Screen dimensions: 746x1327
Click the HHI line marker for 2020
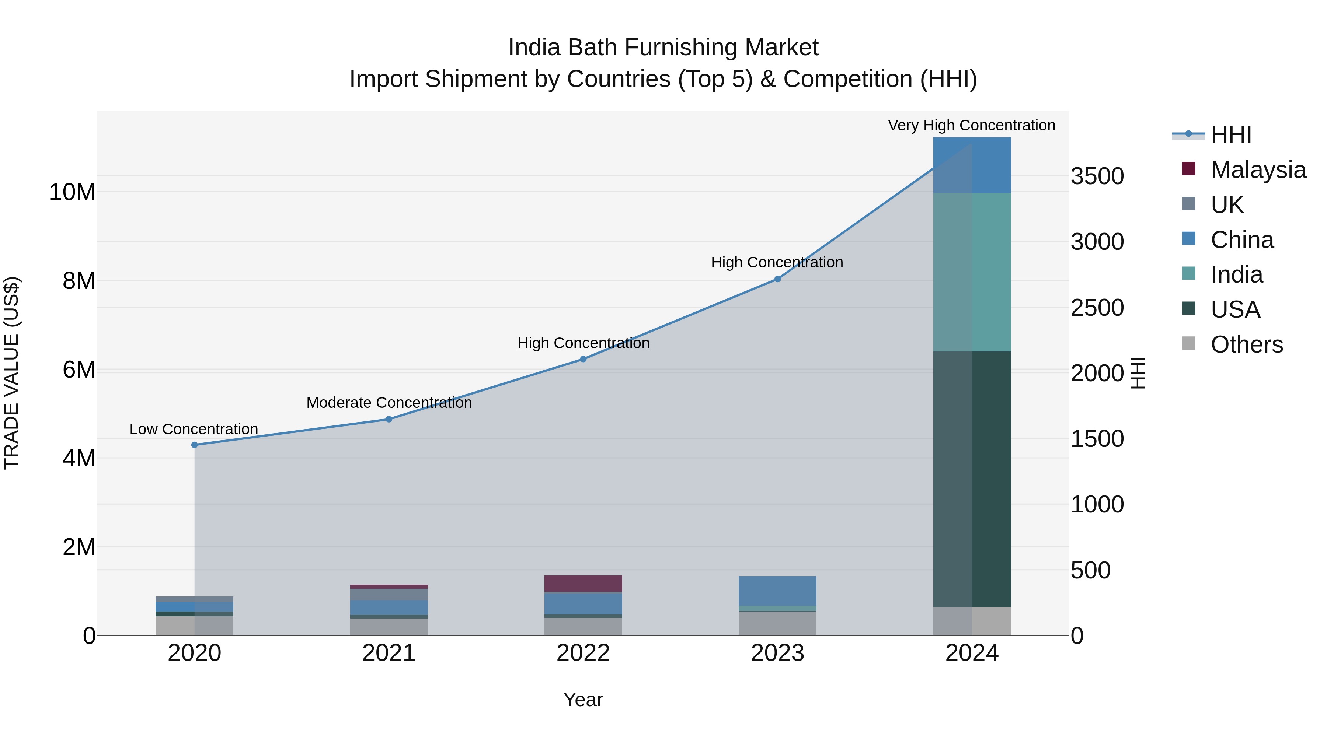pos(194,445)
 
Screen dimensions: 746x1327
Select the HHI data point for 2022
pos(583,359)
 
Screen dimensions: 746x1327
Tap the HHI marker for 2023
pos(777,279)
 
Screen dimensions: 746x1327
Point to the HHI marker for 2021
pos(389,419)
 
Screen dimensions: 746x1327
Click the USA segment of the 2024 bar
pos(972,479)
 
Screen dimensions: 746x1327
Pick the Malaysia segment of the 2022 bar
pos(583,583)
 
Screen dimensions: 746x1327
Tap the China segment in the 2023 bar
pos(777,591)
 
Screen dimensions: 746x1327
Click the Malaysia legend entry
pos(1257,169)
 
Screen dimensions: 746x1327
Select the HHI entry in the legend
pos(1231,135)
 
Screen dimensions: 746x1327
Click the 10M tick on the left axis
pos(72,192)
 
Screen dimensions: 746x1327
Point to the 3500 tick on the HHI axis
pos(1097,176)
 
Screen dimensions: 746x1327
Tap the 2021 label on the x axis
pos(389,653)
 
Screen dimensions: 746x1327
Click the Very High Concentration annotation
pos(972,125)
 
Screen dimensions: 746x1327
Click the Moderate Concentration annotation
pos(389,403)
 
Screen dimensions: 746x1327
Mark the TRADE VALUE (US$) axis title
pos(11,373)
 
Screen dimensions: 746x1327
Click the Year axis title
pos(583,700)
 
